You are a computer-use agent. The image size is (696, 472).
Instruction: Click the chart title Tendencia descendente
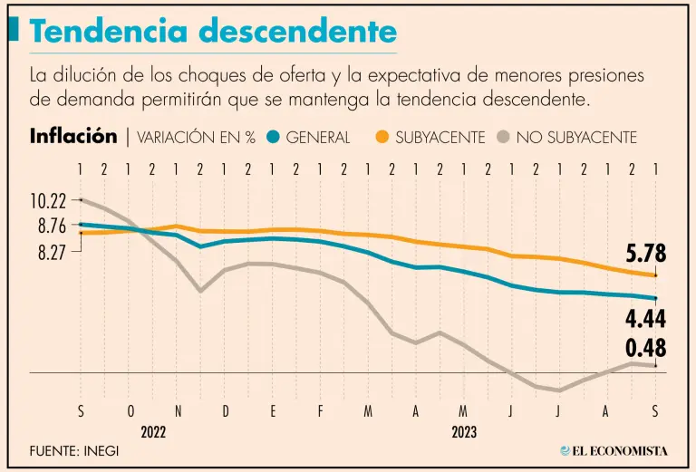pyautogui.click(x=214, y=32)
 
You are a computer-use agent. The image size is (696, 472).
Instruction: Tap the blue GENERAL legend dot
pyautogui.click(x=273, y=138)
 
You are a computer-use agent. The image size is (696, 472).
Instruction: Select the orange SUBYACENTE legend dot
pyautogui.click(x=382, y=138)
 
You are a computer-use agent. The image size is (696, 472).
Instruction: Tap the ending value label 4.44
pyautogui.click(x=645, y=319)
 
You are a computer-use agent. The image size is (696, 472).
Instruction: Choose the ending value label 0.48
pyautogui.click(x=645, y=348)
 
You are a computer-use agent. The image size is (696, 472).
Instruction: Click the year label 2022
pyautogui.click(x=153, y=432)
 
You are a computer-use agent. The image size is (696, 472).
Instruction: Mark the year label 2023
pyautogui.click(x=464, y=432)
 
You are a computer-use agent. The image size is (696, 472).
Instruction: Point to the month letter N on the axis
pyautogui.click(x=178, y=411)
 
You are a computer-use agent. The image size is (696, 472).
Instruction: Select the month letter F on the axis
pyautogui.click(x=320, y=411)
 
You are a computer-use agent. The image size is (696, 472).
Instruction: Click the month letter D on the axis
pyautogui.click(x=226, y=411)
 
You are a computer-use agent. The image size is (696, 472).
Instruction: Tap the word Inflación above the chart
pyautogui.click(x=73, y=137)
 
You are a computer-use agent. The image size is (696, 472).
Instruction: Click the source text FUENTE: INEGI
pyautogui.click(x=73, y=450)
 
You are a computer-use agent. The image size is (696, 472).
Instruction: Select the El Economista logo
pyautogui.click(x=614, y=450)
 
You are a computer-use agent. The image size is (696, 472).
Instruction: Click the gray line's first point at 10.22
pyautogui.click(x=82, y=199)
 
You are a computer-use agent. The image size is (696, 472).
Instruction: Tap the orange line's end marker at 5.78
pyautogui.click(x=655, y=275)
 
